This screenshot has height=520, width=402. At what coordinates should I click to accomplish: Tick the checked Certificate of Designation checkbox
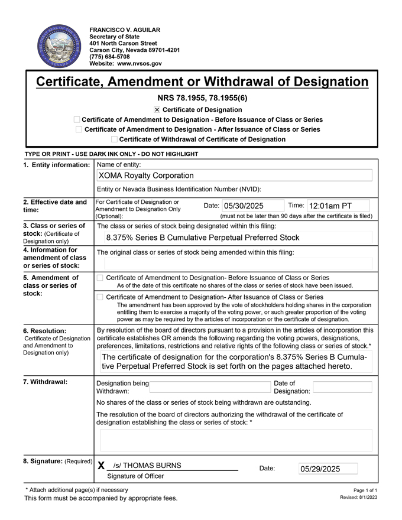(x=157, y=110)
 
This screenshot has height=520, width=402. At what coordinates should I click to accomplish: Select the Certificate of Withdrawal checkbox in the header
(x=114, y=139)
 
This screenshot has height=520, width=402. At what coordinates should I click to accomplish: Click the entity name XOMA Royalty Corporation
(x=146, y=175)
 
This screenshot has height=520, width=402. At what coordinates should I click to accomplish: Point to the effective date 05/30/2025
(x=243, y=206)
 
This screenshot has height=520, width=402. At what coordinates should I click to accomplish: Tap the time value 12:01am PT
(x=330, y=206)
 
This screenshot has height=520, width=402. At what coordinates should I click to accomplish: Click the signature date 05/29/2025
(x=320, y=469)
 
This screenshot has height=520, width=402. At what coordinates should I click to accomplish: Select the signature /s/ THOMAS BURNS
(x=147, y=466)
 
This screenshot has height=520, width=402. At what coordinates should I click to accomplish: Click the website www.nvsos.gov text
(x=140, y=63)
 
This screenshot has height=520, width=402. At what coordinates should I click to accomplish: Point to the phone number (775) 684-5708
(x=109, y=57)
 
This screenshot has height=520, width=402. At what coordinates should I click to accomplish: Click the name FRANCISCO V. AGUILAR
(x=125, y=30)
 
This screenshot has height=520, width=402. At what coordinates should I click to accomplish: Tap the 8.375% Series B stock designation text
(x=202, y=238)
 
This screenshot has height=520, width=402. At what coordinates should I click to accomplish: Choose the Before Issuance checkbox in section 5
(x=100, y=278)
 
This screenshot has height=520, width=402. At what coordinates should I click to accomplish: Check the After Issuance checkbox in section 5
(x=100, y=297)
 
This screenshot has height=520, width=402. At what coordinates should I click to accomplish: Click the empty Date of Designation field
(x=342, y=387)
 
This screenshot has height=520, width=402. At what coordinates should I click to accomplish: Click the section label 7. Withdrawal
(x=46, y=382)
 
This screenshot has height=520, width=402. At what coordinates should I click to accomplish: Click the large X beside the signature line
(x=101, y=466)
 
